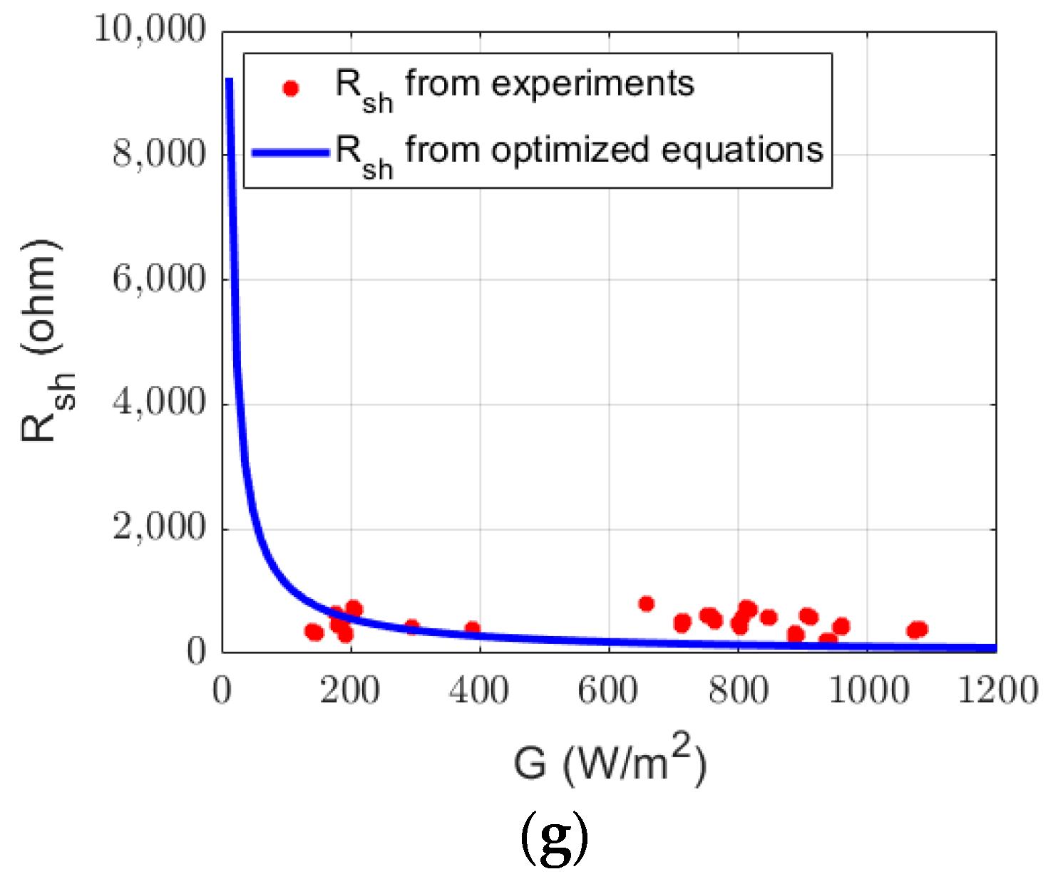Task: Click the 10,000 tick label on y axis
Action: (x=150, y=31)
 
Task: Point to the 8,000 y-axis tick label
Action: (x=158, y=155)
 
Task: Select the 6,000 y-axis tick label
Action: (x=158, y=279)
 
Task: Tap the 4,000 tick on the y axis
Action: (x=158, y=404)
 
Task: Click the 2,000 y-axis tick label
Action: (x=158, y=529)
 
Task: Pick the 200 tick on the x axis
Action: (x=350, y=690)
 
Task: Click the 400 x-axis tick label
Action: (x=479, y=690)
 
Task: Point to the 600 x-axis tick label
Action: (x=608, y=690)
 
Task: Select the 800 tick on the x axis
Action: (x=738, y=690)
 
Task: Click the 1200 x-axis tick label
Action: (x=997, y=690)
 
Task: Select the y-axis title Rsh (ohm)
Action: (x=46, y=340)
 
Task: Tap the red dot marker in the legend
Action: (x=290, y=88)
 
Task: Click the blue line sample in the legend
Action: (x=290, y=152)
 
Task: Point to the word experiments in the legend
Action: (x=592, y=84)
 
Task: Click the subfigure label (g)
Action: (x=554, y=838)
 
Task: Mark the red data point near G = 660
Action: (x=647, y=604)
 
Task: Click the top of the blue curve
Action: (x=230, y=81)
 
